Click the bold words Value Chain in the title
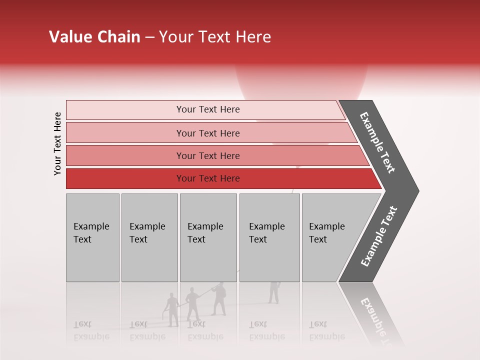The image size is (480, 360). click(94, 37)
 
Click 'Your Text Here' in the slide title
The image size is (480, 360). click(215, 37)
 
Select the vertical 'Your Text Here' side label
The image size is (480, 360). click(57, 143)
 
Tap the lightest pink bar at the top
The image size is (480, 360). click(208, 109)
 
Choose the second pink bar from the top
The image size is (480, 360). click(208, 133)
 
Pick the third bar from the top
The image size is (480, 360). click(208, 155)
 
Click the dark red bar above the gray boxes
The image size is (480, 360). click(208, 178)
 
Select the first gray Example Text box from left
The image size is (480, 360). click(92, 237)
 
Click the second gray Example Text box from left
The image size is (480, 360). click(149, 237)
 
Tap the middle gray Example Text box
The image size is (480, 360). click(208, 237)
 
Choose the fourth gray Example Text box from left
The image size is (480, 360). click(269, 237)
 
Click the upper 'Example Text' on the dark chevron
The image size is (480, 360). click(377, 142)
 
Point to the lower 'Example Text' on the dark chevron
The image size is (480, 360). click(379, 236)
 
